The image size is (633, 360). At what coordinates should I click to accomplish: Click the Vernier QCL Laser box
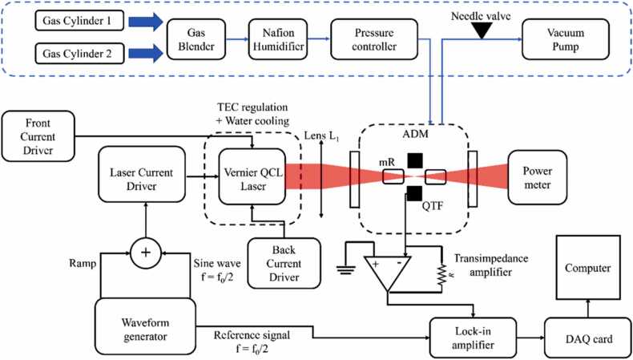(253, 176)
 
